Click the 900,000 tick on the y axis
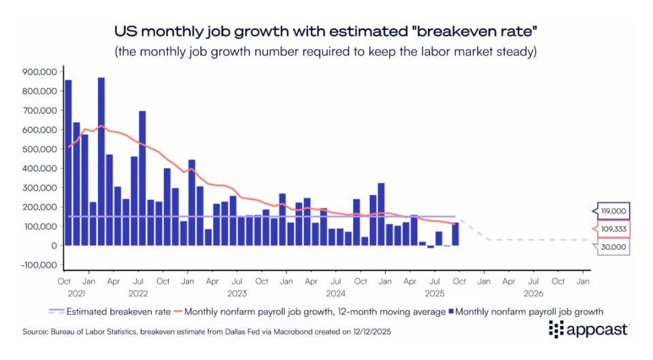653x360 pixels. pyautogui.click(x=40, y=71)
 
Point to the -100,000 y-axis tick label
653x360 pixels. pyautogui.click(x=39, y=265)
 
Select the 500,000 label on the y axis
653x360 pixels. pyautogui.click(x=40, y=149)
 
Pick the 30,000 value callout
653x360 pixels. pyautogui.click(x=613, y=247)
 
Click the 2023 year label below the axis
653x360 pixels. pyautogui.click(x=237, y=293)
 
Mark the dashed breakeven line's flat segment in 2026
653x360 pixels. pyautogui.click(x=537, y=240)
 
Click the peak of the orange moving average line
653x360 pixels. pyautogui.click(x=101, y=126)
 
